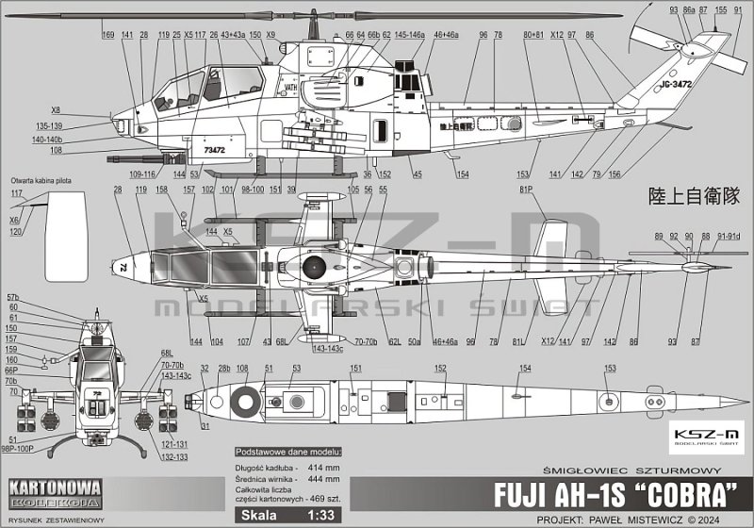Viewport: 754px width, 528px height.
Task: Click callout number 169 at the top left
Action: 107,35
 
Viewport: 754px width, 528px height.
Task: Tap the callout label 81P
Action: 526,190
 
